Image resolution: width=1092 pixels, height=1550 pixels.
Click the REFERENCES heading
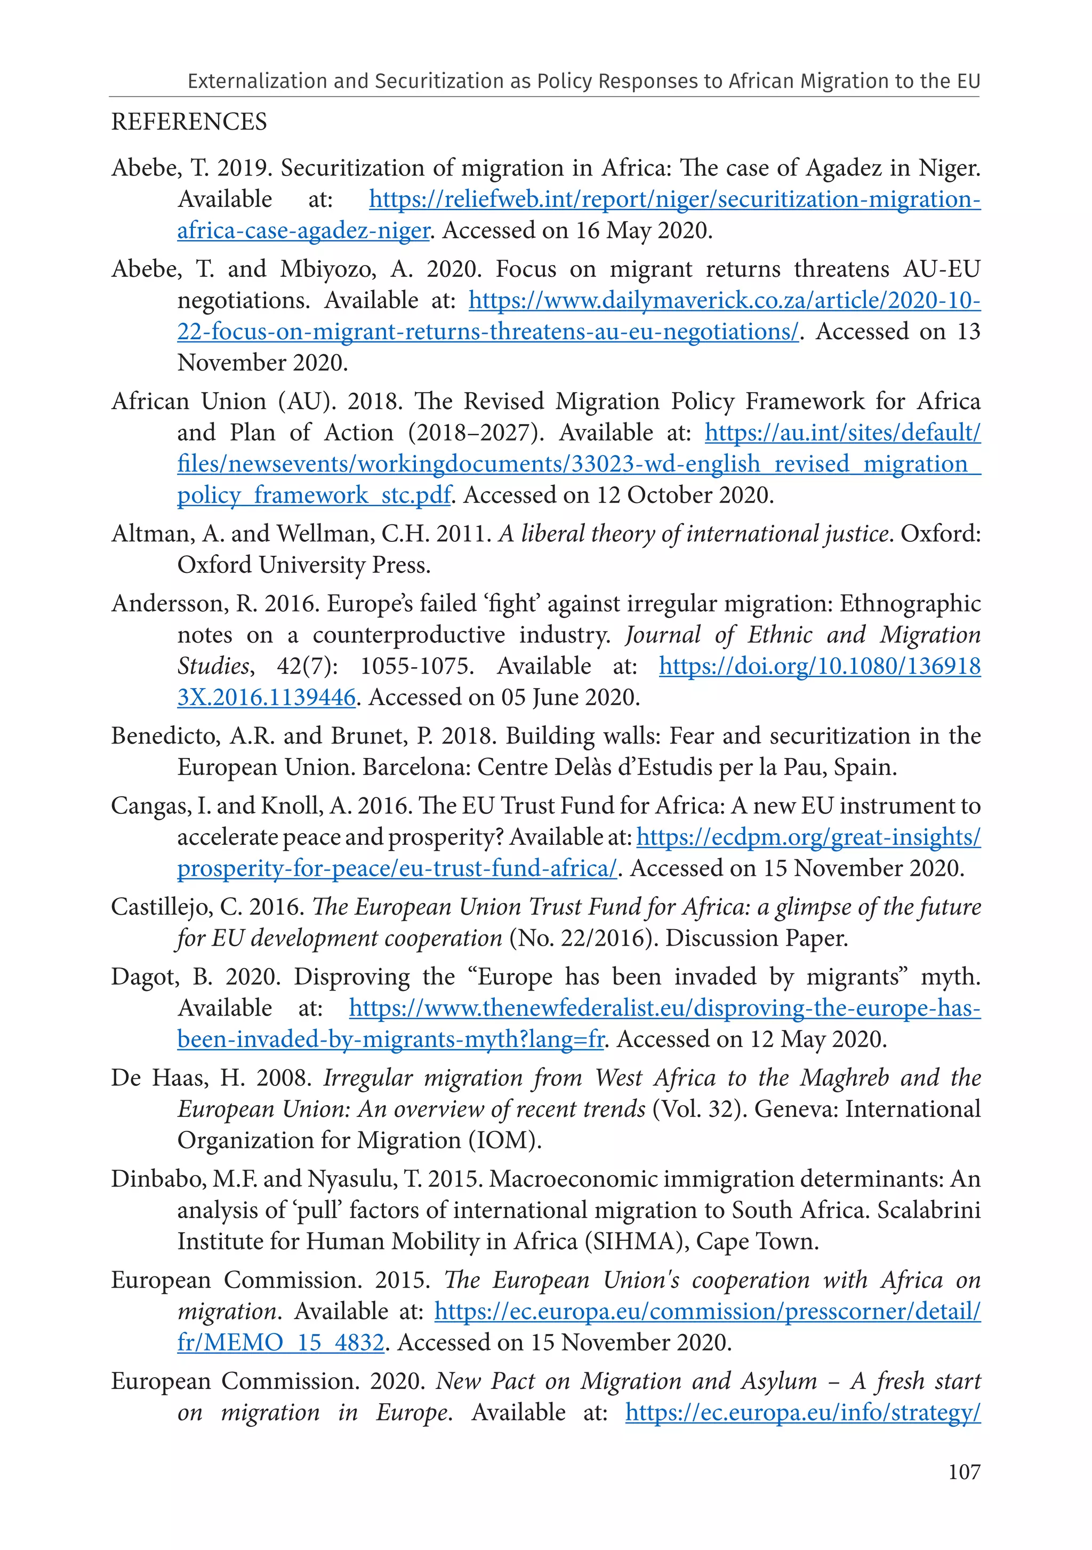(189, 122)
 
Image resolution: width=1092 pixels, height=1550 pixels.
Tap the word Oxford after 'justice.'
(940, 534)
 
